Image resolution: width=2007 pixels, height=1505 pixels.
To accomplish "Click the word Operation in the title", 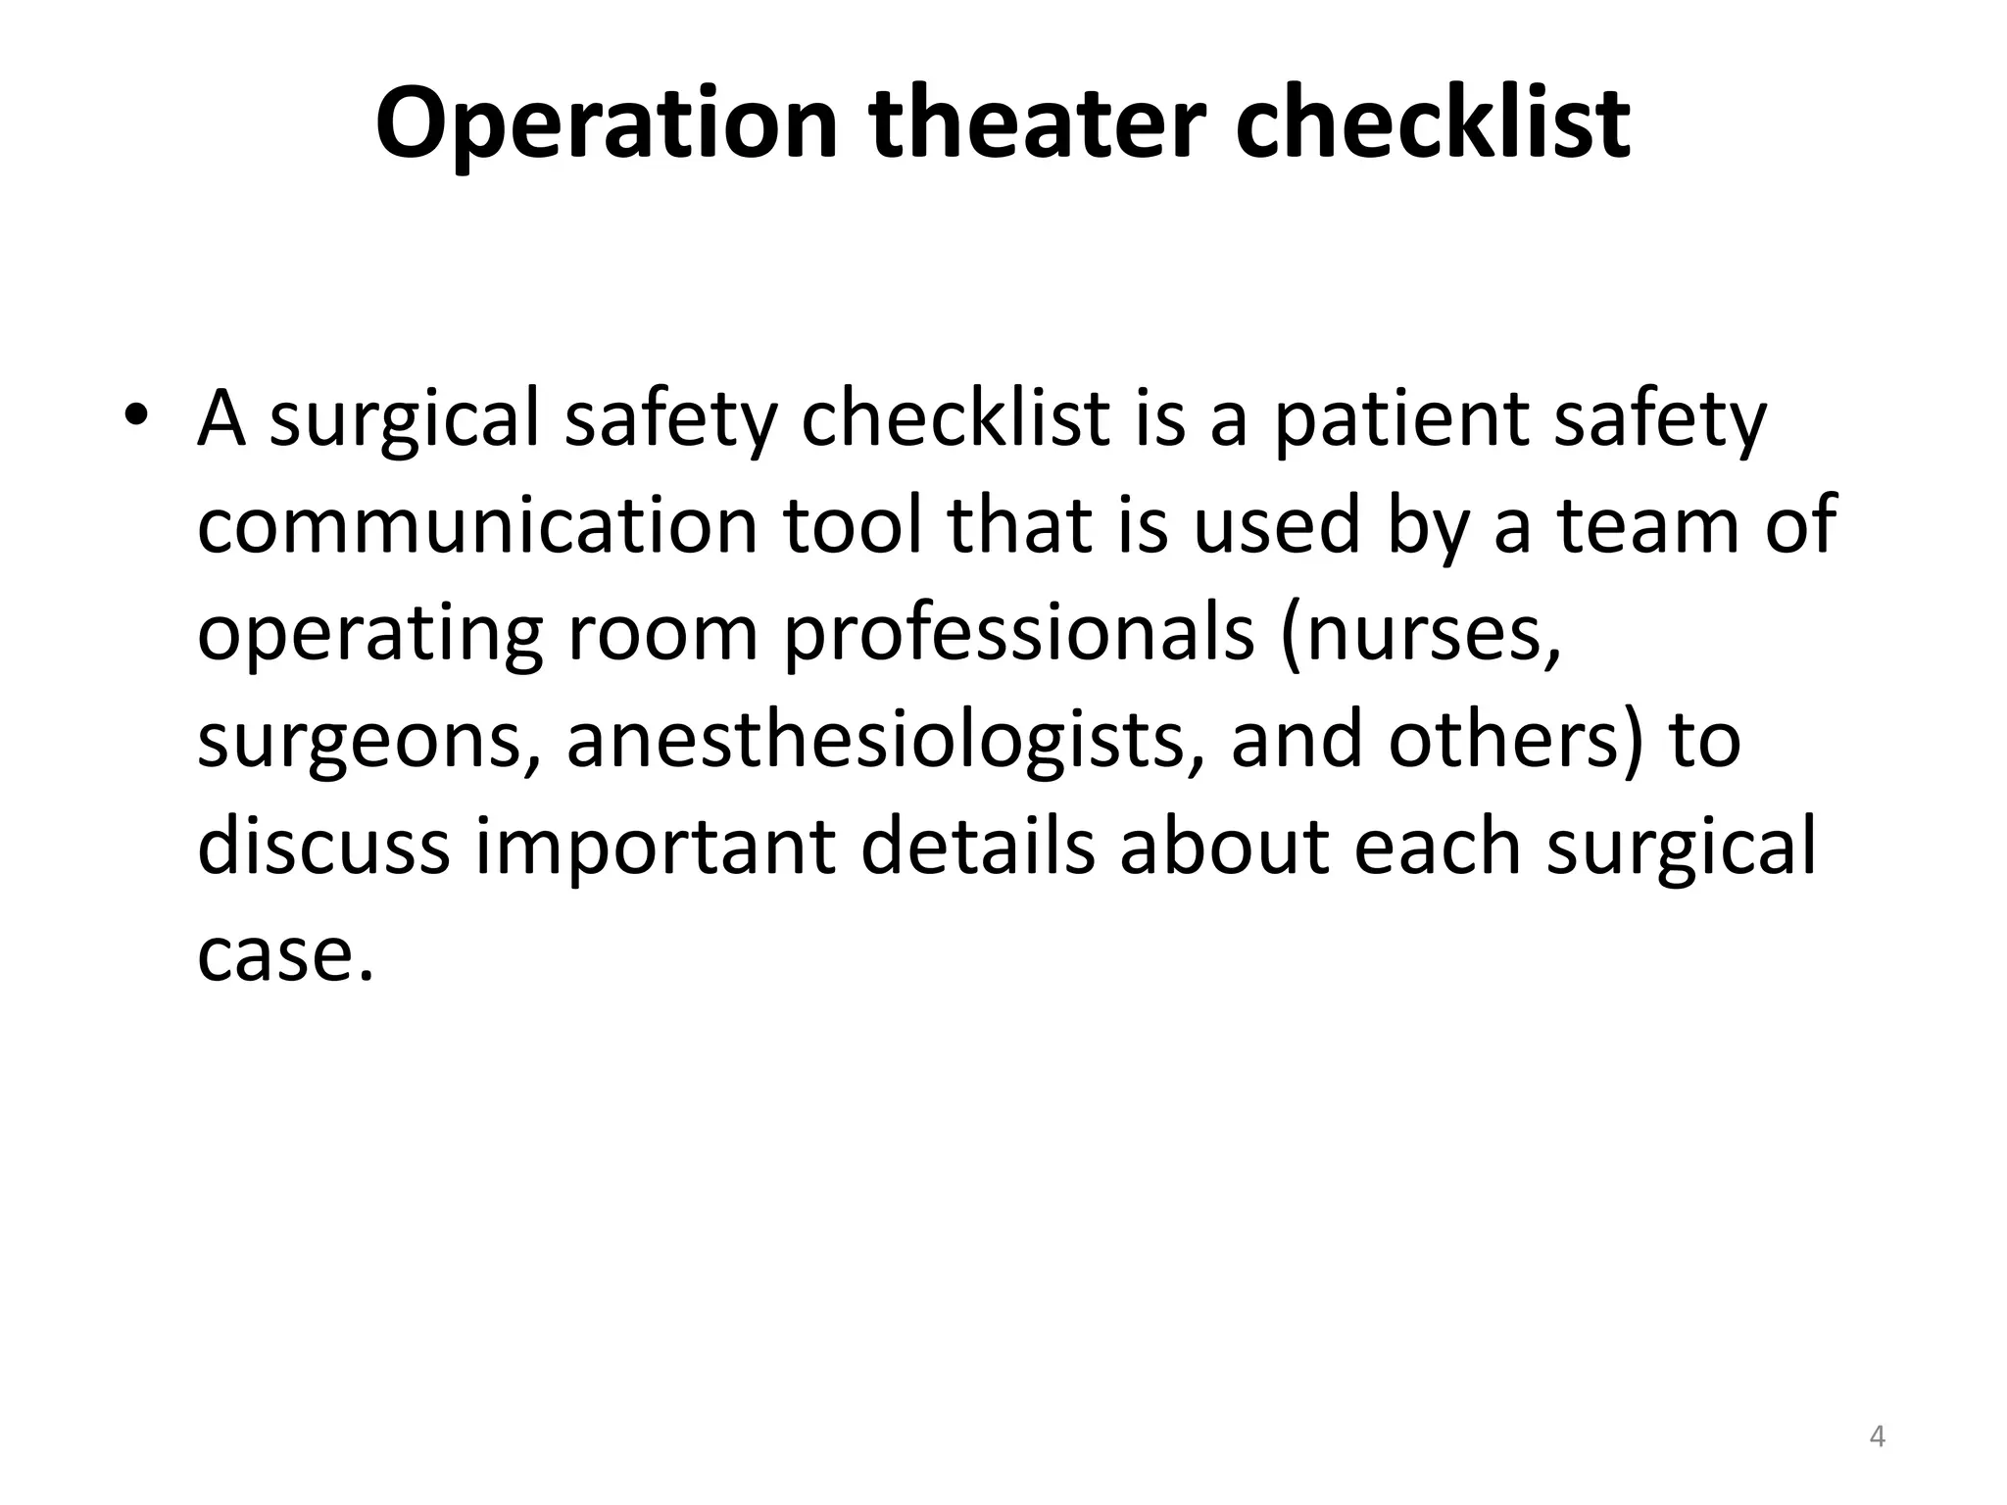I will (607, 124).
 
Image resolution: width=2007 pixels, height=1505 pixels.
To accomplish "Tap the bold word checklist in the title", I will (1432, 124).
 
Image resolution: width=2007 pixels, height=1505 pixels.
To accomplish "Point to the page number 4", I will (1877, 1436).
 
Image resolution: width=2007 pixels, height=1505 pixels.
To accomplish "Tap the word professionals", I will (1018, 633).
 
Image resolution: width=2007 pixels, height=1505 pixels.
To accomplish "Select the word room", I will (662, 633).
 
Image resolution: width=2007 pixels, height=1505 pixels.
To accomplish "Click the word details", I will (977, 847).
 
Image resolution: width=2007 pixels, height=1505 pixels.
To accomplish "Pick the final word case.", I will (285, 955).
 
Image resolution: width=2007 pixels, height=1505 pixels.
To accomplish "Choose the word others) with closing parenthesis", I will (1513, 741).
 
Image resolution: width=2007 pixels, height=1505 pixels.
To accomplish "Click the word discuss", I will (322, 847).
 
